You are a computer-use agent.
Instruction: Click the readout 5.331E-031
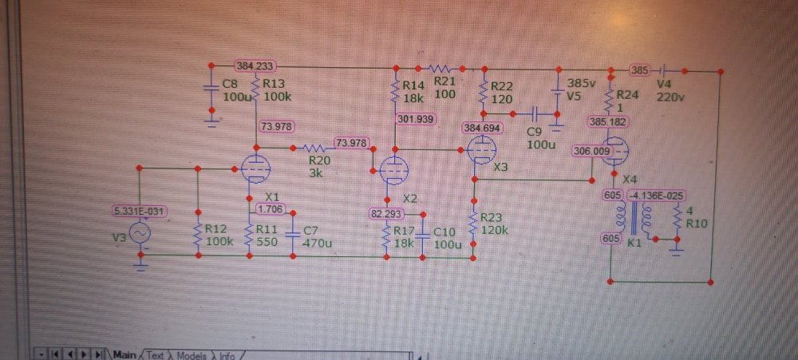(140, 211)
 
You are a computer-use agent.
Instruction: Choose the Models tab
(192, 354)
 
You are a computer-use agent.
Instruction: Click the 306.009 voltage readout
(591, 151)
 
